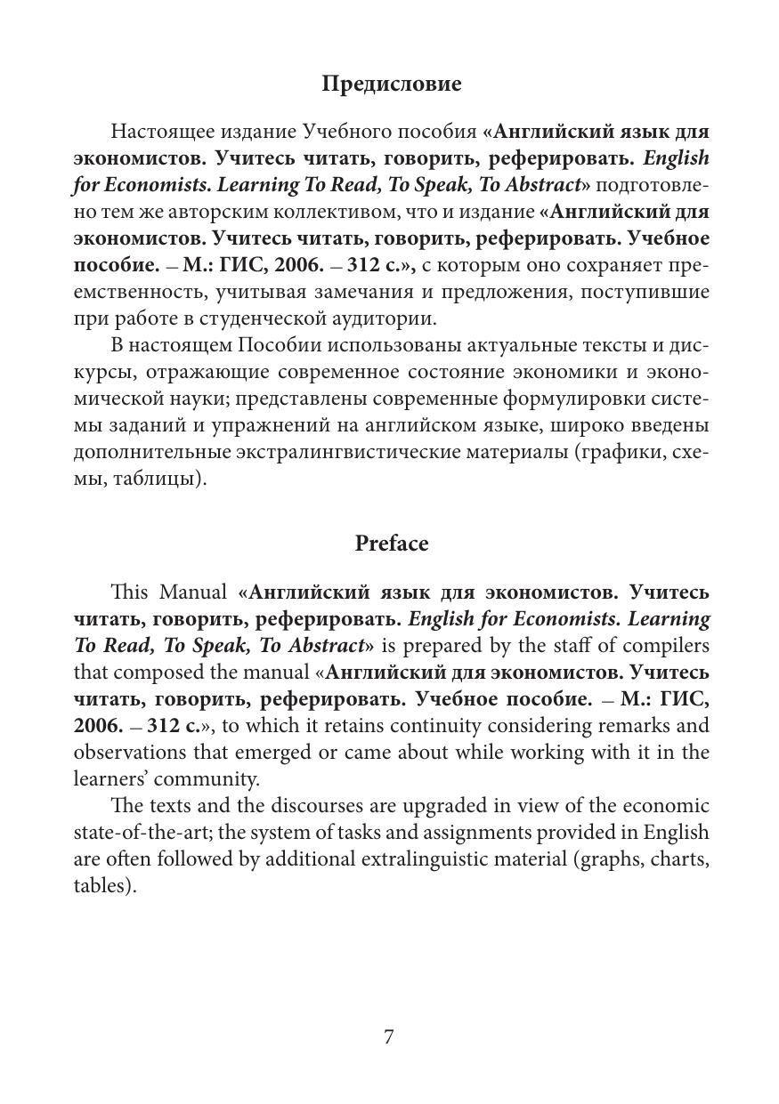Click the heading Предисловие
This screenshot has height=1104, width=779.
pos(391,85)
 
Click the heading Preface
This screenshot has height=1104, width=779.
pos(391,544)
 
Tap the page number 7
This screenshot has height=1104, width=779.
pos(389,1036)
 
